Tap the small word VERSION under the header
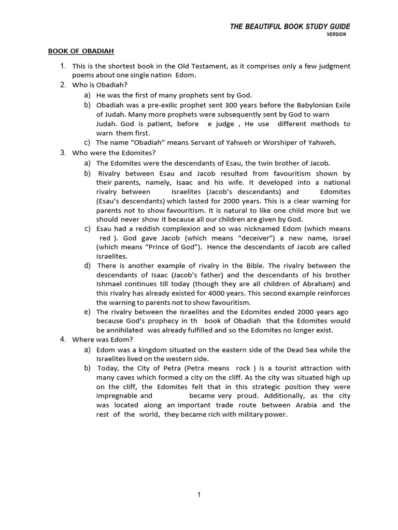click(336, 35)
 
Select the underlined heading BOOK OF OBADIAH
click(81, 51)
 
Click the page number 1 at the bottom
click(199, 495)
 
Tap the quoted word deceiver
click(245, 238)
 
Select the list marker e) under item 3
click(87, 312)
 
